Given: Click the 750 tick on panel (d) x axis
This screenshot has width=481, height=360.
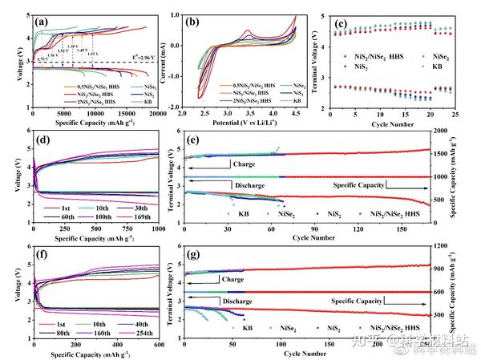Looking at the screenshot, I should point(123,232).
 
